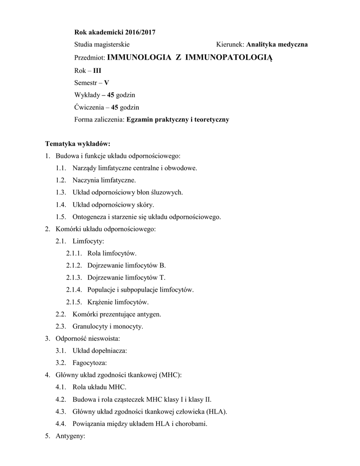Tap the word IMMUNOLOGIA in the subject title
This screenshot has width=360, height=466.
point(139,57)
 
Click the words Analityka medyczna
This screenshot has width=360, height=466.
point(277,45)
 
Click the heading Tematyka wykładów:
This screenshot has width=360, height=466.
point(78,144)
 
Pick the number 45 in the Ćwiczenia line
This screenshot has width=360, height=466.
point(115,107)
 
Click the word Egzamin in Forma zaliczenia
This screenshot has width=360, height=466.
point(142,120)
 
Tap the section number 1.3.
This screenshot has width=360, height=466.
point(61,192)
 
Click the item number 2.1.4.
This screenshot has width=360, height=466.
point(74,290)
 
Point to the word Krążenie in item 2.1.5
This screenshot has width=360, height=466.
point(95,302)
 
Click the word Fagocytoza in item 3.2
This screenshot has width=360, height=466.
point(89,363)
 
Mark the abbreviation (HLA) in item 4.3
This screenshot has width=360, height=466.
point(216,412)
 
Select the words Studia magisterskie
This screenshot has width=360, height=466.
point(102,45)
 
